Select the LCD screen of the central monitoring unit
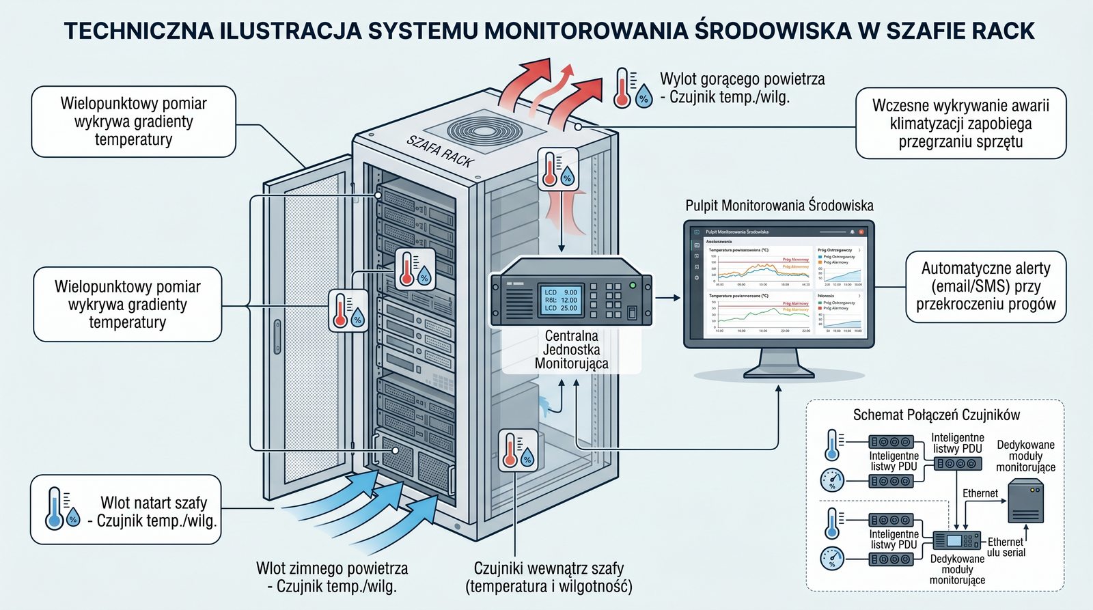tap(561, 300)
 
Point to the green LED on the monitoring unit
tap(633, 285)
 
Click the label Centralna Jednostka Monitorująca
tap(572, 350)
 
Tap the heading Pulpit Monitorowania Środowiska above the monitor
tap(779, 206)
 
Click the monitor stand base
tap(779, 371)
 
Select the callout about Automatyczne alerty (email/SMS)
tap(985, 286)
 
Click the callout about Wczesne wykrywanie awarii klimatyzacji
tap(960, 124)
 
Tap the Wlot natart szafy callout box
tap(126, 510)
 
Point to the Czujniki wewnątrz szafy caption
tap(549, 577)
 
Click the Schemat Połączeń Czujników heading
tap(936, 415)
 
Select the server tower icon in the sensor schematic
tap(1026, 501)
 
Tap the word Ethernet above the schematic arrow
tap(980, 493)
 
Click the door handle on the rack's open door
tap(277, 336)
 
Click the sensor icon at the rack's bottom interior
tap(518, 449)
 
